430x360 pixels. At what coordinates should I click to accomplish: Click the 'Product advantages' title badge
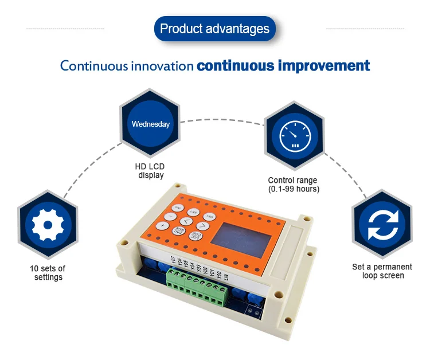[x=214, y=29]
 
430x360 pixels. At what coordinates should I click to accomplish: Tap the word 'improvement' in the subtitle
[x=324, y=65]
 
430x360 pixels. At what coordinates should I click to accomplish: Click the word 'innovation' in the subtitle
[x=162, y=66]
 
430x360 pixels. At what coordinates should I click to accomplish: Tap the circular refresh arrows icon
[x=382, y=226]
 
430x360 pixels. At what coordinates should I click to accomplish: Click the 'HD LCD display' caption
[x=151, y=171]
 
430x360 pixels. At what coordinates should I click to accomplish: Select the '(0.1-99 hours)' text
[x=294, y=189]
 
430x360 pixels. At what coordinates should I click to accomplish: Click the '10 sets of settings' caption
[x=48, y=272]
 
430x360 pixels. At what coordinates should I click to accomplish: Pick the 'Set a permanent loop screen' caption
[x=382, y=271]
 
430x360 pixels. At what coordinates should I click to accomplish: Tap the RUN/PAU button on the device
[x=181, y=232]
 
